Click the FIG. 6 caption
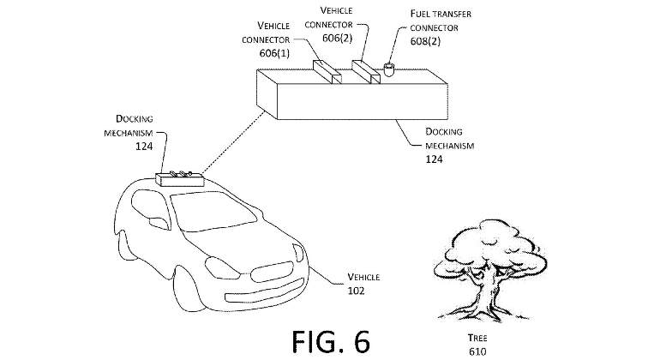331,341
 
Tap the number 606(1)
274,53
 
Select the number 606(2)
337,39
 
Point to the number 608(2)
425,41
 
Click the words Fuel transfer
441,14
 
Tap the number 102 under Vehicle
356,291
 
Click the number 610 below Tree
477,351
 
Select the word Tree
477,338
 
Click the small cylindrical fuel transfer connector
388,69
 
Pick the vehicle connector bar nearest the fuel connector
366,72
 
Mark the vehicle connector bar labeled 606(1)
327,72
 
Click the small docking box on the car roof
180,179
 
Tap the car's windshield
213,211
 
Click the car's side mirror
159,223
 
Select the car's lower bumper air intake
264,291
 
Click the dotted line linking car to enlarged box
233,143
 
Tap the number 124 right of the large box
434,159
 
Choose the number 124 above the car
144,147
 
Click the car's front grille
272,272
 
